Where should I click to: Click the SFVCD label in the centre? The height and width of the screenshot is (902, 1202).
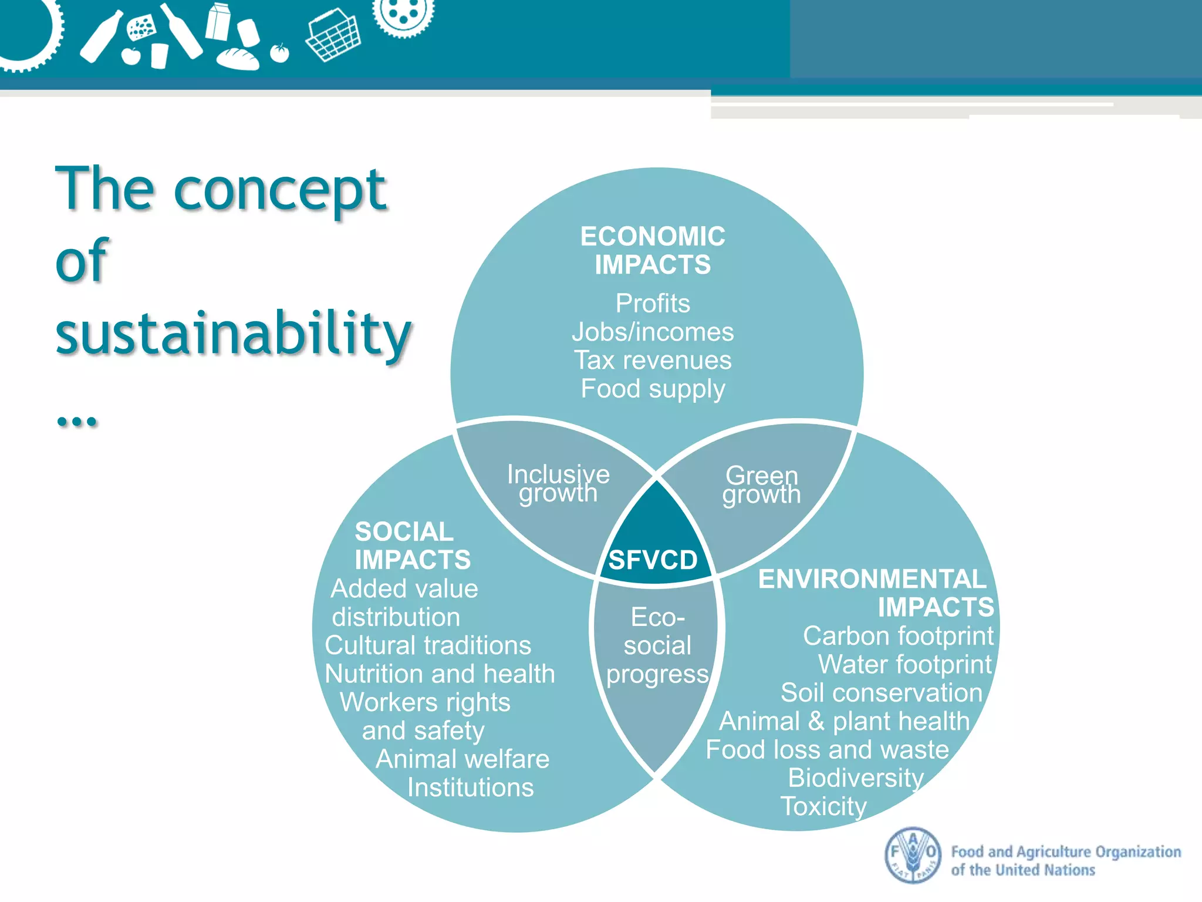point(653,560)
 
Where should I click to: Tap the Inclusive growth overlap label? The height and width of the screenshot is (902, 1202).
point(558,483)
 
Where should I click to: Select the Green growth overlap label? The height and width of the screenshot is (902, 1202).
point(762,484)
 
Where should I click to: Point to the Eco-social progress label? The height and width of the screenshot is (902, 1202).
point(657,645)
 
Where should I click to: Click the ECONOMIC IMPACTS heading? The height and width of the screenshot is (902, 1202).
point(653,250)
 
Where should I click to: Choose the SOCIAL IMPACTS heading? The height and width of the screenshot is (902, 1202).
point(412,546)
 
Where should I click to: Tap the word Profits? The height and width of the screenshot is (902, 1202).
point(653,304)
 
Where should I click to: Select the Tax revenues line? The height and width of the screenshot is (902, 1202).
point(653,360)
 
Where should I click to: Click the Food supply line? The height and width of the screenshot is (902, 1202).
point(653,389)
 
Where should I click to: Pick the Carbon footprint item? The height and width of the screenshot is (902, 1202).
point(898,636)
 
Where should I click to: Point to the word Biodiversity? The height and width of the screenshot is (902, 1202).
point(856,778)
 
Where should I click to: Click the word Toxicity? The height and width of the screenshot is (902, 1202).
point(823,806)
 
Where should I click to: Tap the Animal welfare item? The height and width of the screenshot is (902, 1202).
point(462,759)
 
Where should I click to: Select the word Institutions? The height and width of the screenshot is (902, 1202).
point(471,787)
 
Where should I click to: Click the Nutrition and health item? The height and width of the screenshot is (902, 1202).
point(440,674)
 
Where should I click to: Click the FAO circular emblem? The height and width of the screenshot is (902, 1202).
point(912,855)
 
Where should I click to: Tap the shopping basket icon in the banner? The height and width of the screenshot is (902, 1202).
point(333,34)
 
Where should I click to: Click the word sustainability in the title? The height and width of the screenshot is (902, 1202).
point(234,333)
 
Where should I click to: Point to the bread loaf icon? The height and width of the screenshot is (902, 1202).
point(238,58)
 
